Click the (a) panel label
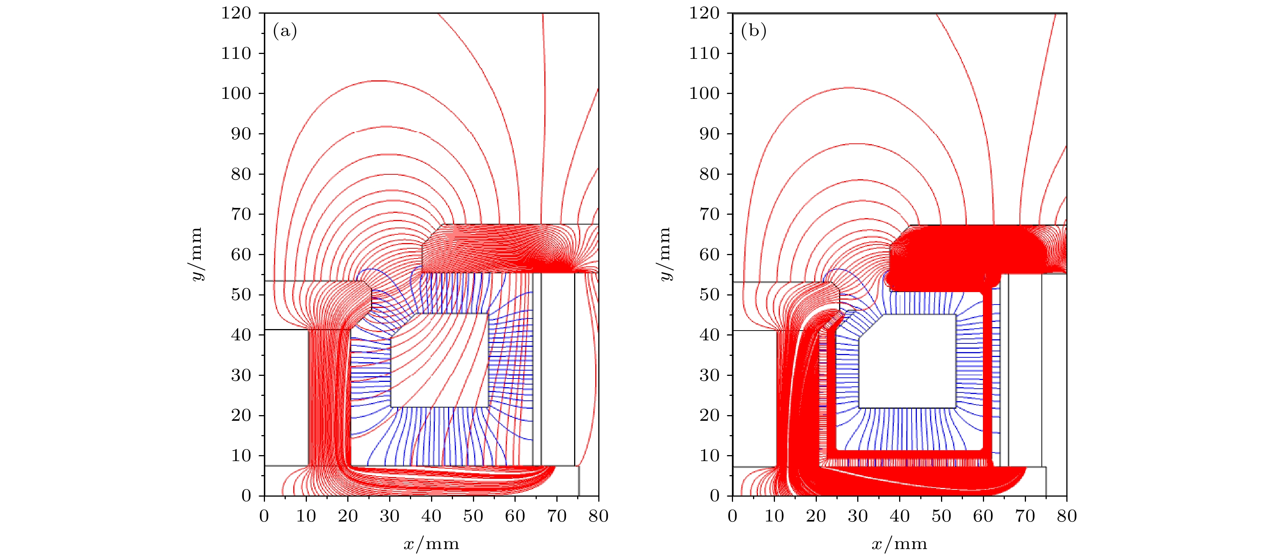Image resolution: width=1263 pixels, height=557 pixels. point(285,31)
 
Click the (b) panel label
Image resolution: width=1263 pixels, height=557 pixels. point(753,31)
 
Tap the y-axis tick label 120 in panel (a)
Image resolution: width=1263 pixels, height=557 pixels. point(236,13)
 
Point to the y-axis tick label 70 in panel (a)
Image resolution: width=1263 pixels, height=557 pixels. point(241,214)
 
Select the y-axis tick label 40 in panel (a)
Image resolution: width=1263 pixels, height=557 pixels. point(241,335)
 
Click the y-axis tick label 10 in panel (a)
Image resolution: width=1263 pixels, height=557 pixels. point(241,455)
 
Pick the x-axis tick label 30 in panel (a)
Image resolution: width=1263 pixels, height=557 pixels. point(390,516)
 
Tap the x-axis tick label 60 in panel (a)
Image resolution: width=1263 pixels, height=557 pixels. point(515,516)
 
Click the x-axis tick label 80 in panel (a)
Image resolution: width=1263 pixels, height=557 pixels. point(598,516)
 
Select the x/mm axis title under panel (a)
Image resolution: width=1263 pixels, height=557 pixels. point(431,544)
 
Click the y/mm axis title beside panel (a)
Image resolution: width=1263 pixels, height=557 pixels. point(197,254)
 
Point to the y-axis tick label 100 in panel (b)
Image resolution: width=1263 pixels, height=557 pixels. point(705,94)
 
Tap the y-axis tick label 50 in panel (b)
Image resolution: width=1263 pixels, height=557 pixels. point(710,295)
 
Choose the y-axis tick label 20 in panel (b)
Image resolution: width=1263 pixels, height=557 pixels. point(710,415)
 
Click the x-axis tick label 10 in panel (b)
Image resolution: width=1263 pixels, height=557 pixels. point(775,516)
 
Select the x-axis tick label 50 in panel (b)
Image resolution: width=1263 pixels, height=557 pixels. point(941,516)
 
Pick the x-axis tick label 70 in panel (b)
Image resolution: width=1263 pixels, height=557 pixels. point(1025,516)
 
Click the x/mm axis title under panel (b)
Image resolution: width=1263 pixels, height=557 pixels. point(900,544)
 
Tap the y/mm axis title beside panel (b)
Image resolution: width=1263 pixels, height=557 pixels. point(665,254)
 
